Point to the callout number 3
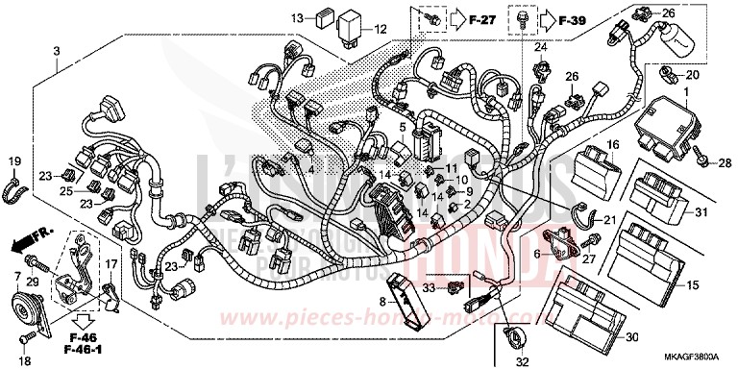click(x=57, y=50)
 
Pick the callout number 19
click(x=14, y=160)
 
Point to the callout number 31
click(x=701, y=212)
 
